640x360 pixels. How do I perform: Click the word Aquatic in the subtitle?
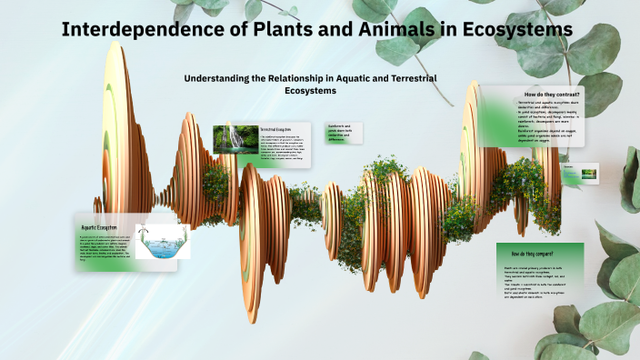click(346, 79)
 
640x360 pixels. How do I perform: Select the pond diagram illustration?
click(163, 242)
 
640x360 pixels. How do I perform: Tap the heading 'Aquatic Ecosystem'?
click(101, 226)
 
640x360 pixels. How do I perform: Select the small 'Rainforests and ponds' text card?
click(347, 133)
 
